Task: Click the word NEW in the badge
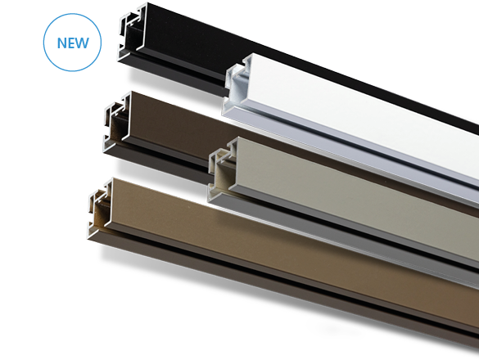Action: pos(73,43)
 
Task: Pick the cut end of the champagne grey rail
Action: pos(223,168)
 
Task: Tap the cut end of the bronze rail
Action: pos(101,208)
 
